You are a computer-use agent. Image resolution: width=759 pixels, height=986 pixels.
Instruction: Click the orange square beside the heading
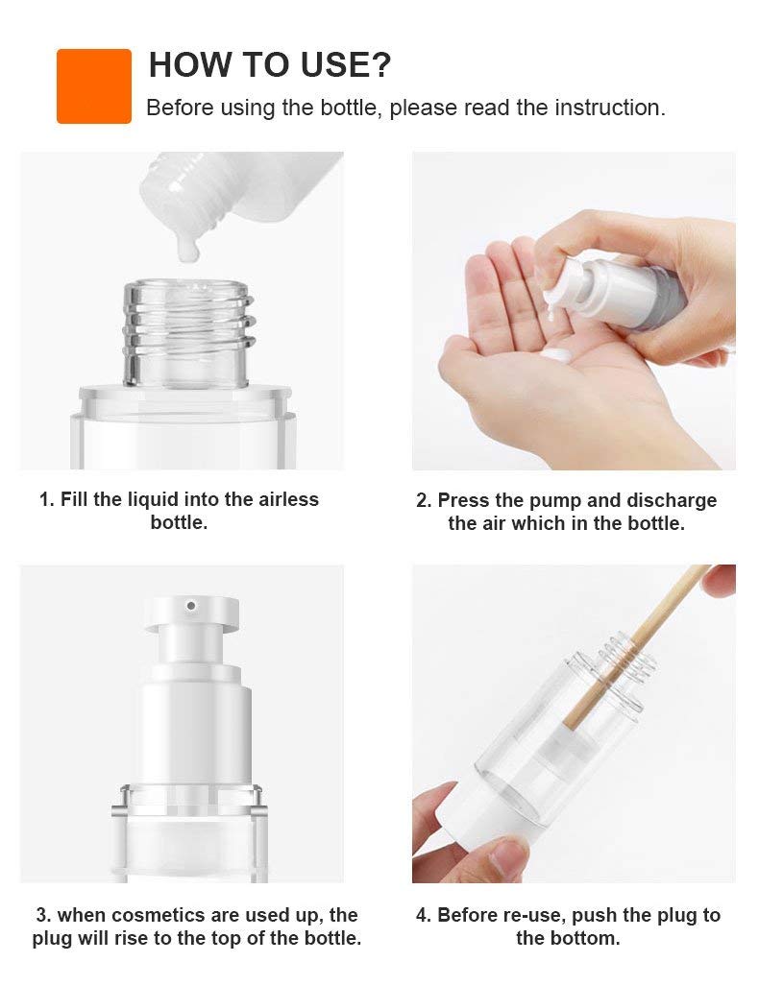(94, 86)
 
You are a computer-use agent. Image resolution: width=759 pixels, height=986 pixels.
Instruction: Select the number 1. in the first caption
(46, 500)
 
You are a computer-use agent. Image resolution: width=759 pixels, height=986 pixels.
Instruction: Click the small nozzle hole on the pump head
(191, 606)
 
